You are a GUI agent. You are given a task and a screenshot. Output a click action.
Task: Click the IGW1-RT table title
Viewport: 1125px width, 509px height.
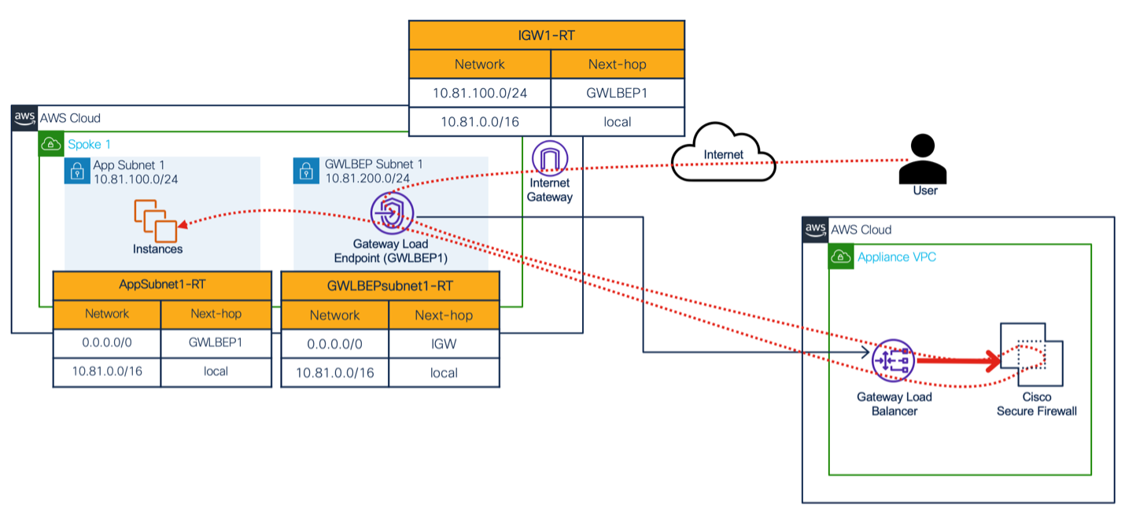pos(547,35)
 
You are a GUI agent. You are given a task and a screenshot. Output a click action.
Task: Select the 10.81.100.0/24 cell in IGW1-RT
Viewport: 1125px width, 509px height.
pos(480,93)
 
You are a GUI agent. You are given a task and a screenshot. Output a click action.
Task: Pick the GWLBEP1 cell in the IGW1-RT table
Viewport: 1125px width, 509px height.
pos(618,93)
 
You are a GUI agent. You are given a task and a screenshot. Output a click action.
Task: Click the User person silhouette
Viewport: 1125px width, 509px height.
pos(923,159)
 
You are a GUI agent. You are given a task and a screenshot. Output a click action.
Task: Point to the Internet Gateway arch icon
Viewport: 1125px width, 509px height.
pos(550,158)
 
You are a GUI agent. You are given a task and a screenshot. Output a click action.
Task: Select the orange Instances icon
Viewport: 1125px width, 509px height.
pos(156,220)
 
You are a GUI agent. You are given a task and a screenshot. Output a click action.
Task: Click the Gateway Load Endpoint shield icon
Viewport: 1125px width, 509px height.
pos(393,213)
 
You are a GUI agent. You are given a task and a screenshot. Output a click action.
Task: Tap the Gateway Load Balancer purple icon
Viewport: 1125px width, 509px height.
pos(893,360)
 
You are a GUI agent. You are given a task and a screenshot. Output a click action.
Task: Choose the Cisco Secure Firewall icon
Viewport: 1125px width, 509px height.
pos(1031,355)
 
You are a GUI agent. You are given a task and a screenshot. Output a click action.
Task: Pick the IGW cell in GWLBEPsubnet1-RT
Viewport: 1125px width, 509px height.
pos(444,345)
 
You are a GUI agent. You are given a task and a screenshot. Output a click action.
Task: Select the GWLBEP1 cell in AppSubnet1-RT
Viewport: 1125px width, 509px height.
pos(216,343)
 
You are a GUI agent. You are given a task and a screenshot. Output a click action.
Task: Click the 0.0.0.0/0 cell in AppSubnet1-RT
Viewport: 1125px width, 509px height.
pos(107,343)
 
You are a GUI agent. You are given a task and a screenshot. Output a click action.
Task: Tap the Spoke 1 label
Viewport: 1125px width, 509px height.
pos(89,145)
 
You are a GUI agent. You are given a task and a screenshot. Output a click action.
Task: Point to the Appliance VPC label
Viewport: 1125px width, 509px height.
pos(897,257)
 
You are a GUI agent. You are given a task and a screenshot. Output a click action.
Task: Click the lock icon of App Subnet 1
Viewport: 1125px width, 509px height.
pos(77,172)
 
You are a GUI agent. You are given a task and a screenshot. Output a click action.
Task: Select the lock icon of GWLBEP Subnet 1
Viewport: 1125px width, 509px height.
pos(306,171)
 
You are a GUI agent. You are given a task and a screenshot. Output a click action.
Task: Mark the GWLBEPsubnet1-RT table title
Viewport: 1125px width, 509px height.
pos(390,286)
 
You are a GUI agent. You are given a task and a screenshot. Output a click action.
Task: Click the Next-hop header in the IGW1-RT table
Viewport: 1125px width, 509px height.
pos(618,65)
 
